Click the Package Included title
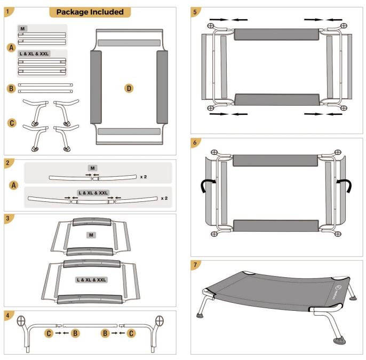point(90,12)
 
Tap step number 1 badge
point(8,11)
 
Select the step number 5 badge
point(195,11)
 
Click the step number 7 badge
point(195,265)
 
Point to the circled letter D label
point(129,88)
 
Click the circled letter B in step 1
point(11,88)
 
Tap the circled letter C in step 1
point(11,122)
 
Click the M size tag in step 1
point(22,28)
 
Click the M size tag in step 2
point(93,168)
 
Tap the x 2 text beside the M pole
point(144,176)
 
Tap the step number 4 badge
point(8,315)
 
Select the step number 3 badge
point(8,218)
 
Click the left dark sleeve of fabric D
point(96,87)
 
